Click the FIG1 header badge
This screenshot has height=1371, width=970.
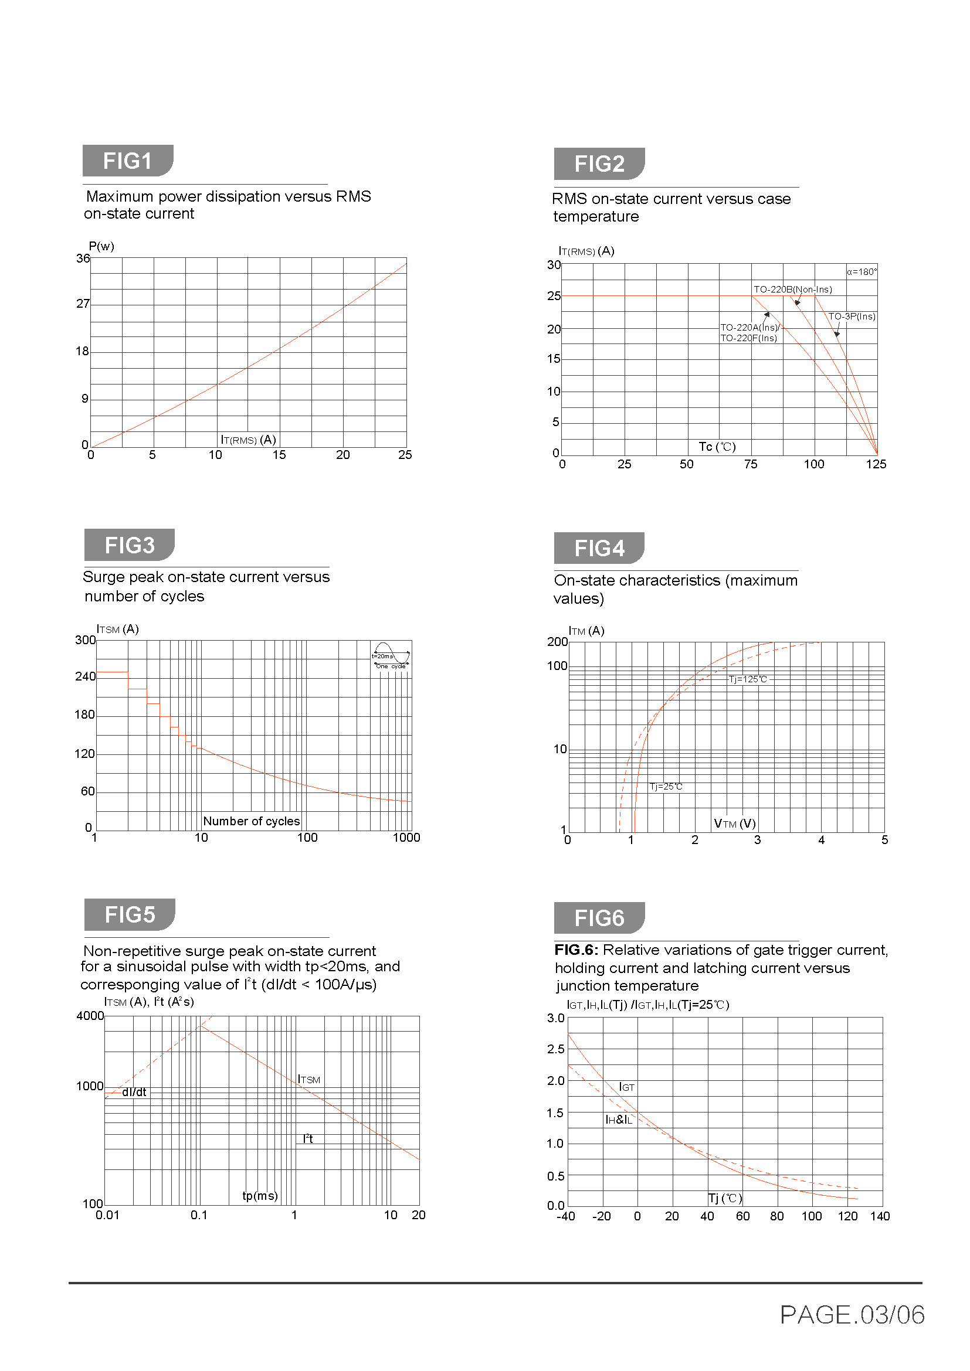(128, 161)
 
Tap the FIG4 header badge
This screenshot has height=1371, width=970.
(599, 547)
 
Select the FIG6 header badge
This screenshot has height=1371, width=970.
(599, 918)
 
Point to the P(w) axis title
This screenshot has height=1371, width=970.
(101, 246)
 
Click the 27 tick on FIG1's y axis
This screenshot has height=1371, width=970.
(83, 304)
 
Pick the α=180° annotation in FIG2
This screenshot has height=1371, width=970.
(862, 272)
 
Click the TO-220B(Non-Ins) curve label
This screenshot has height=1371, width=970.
(793, 290)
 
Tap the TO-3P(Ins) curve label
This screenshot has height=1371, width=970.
(851, 317)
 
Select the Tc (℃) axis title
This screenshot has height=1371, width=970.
(717, 447)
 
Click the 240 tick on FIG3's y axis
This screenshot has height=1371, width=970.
(85, 676)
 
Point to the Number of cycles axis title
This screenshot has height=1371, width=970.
(252, 821)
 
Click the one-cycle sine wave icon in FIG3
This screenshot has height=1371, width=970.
(391, 655)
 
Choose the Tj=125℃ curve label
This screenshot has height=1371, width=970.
(748, 679)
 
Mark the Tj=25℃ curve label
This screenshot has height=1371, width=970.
(666, 787)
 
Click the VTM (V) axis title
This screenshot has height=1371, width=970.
(735, 824)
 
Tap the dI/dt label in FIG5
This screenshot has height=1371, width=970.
(134, 1092)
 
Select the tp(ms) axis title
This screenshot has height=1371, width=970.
(260, 1195)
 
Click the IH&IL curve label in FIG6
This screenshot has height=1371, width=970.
(619, 1120)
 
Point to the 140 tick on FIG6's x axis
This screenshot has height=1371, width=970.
(880, 1216)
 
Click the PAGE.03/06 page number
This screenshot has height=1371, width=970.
(852, 1314)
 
